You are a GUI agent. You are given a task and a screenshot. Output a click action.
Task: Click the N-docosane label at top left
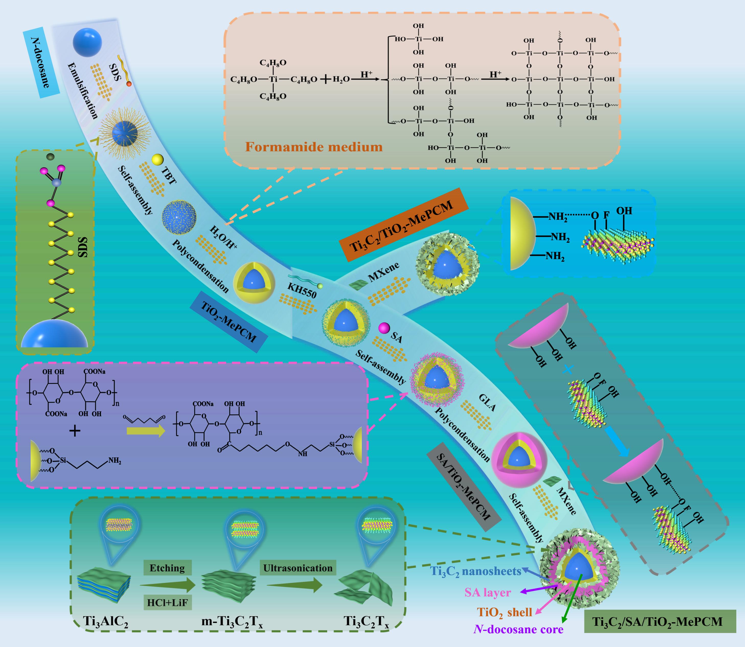pyautogui.click(x=41, y=63)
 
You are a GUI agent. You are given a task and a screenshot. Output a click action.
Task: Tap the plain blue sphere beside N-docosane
pyautogui.click(x=87, y=42)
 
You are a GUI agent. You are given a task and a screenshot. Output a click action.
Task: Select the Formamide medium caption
pyautogui.click(x=314, y=147)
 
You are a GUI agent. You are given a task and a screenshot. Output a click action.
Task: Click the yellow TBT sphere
pyautogui.click(x=157, y=160)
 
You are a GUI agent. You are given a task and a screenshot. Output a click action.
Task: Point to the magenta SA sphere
pyautogui.click(x=384, y=328)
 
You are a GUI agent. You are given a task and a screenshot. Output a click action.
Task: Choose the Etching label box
pyautogui.click(x=167, y=568)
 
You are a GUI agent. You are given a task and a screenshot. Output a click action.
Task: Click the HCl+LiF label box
pyautogui.click(x=167, y=602)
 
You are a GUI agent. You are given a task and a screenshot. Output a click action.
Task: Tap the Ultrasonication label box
pyautogui.click(x=298, y=568)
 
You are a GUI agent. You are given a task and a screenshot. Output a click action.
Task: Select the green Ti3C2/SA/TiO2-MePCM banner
pyautogui.click(x=660, y=621)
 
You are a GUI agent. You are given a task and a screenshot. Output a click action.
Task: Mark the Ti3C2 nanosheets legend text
pyautogui.click(x=475, y=571)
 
